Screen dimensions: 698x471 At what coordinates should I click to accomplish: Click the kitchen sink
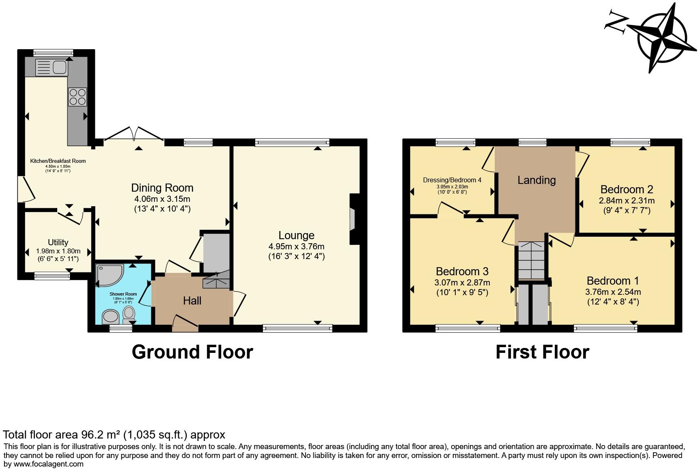point(51,67)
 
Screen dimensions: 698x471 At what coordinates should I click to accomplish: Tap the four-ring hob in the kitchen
point(78,97)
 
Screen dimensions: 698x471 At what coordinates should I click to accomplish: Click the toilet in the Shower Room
point(129,315)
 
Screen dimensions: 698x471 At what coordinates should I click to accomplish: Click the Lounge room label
point(296,235)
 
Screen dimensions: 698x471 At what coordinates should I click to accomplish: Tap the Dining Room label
point(162,188)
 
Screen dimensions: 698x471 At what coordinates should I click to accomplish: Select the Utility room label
point(58,242)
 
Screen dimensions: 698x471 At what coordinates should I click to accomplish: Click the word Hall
point(192,301)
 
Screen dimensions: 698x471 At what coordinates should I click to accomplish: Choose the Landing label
point(536,180)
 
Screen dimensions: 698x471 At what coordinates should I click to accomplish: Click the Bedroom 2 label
point(627,190)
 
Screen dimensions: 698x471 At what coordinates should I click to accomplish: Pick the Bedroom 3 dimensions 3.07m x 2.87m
point(462,283)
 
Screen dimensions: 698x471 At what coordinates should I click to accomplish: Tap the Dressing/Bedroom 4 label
point(452,180)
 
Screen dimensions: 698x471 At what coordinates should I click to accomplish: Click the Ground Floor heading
point(192,352)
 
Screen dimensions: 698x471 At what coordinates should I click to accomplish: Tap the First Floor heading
point(542,352)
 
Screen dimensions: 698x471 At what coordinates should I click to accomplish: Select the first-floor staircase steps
point(531,260)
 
